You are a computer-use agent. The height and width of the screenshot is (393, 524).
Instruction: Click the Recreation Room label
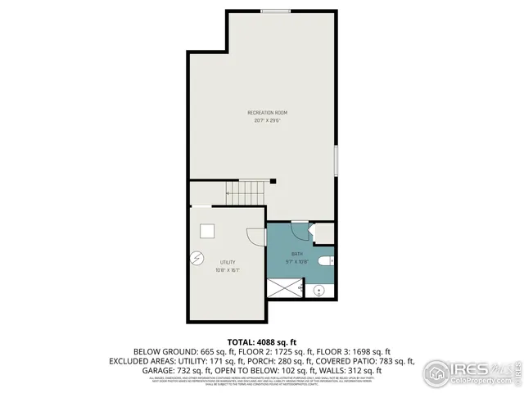pos(268,112)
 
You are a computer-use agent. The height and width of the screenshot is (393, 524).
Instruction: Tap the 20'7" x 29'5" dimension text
pos(268,120)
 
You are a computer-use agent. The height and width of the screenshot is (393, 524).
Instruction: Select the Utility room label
pos(227,262)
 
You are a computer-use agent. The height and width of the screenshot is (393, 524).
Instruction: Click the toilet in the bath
pos(325,261)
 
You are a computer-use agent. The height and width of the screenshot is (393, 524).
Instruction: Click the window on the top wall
pos(274,11)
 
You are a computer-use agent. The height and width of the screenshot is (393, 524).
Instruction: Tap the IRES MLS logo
pos(472,370)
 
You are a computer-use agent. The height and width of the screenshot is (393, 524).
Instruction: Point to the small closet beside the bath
pos(325,233)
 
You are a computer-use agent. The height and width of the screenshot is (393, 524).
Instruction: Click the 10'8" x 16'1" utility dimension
pos(227,270)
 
